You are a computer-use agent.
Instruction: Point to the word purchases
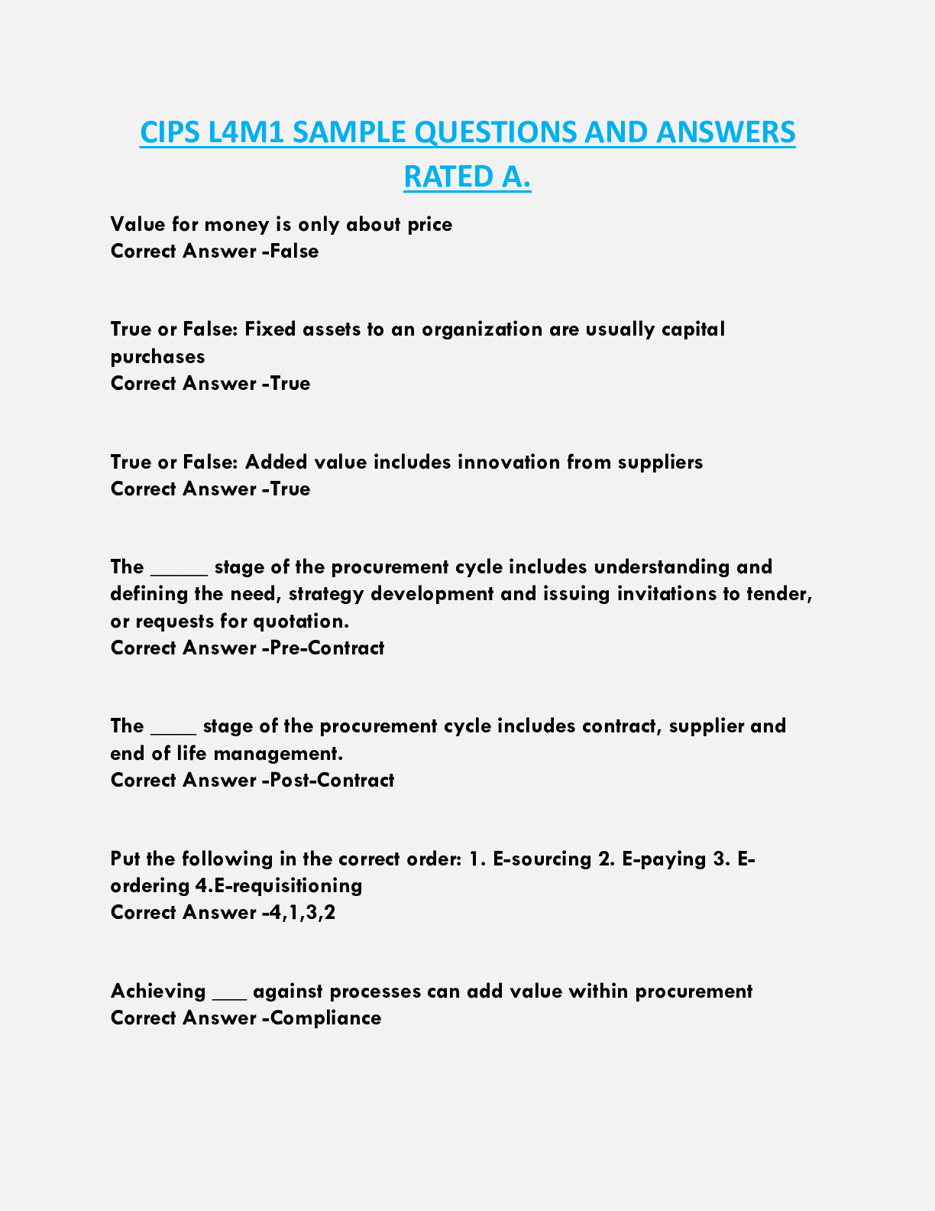point(158,356)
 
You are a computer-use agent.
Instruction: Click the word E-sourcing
point(542,859)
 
